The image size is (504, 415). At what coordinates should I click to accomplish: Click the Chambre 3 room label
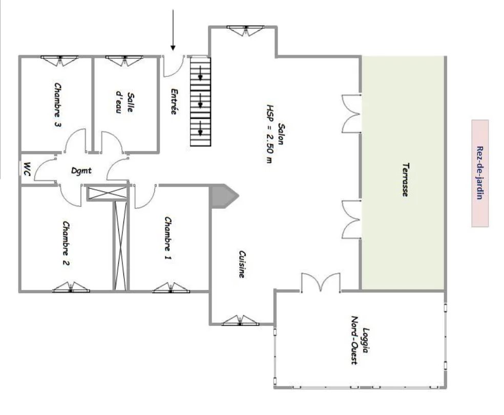(x=57, y=105)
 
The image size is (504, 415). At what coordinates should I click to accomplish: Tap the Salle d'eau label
(x=125, y=102)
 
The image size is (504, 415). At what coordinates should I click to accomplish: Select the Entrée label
(x=174, y=101)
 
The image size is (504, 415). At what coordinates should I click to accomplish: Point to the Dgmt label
(x=81, y=170)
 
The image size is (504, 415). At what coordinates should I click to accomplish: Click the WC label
(x=28, y=169)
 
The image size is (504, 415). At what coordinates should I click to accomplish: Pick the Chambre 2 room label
(x=66, y=244)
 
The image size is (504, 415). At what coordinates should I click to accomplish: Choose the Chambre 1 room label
(x=168, y=238)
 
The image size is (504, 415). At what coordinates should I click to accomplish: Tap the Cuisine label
(x=242, y=264)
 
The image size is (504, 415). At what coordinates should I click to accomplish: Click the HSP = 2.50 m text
(x=270, y=134)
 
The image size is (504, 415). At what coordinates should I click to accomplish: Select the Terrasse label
(x=406, y=180)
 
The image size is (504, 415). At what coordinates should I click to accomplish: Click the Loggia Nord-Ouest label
(x=360, y=340)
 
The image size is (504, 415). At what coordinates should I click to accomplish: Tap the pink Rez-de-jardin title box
(x=480, y=173)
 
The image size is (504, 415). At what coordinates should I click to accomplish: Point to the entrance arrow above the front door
(x=173, y=30)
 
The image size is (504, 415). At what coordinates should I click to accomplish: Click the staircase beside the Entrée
(x=201, y=101)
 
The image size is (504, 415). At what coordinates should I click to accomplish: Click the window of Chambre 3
(x=59, y=60)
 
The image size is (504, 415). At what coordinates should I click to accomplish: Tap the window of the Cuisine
(x=240, y=320)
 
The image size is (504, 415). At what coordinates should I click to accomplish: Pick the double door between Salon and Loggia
(x=321, y=282)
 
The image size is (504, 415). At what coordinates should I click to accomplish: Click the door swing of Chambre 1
(x=145, y=196)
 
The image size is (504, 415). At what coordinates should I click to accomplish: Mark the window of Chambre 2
(x=71, y=288)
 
